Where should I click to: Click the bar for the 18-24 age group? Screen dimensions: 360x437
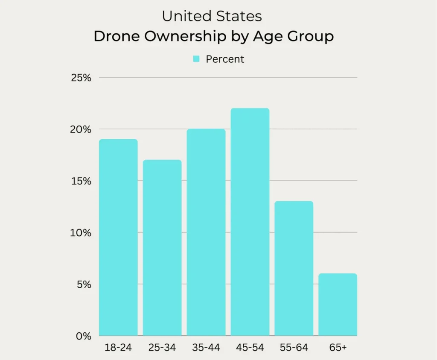point(118,237)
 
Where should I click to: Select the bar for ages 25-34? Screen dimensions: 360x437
point(162,248)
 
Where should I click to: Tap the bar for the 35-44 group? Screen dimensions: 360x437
point(206,232)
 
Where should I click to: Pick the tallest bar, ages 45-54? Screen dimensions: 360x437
point(250,222)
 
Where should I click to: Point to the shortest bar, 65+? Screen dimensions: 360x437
point(338,304)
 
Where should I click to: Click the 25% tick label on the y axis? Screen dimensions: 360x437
point(82,78)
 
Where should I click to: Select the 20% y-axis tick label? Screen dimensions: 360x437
point(82,129)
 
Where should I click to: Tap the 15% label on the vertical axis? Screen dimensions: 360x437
point(82,181)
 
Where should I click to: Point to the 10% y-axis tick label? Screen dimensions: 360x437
point(82,233)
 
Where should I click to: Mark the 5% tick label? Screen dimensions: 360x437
point(84,284)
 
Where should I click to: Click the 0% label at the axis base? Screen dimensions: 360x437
point(84,336)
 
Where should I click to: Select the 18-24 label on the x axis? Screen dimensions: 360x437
point(118,348)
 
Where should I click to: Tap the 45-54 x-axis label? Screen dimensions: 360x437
point(250,348)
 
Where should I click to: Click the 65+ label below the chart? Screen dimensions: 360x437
point(338,348)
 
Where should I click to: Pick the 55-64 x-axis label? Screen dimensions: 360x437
point(294,348)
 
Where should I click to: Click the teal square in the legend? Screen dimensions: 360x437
point(196,59)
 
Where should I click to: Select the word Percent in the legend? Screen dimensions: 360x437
point(225,59)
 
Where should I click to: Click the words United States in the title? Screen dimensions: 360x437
point(212,17)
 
